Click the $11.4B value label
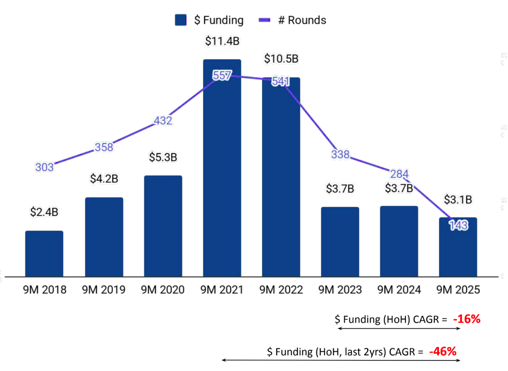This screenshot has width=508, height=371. [x=222, y=41]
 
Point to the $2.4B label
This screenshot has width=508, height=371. [x=44, y=212]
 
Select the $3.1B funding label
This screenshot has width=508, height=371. [x=458, y=200]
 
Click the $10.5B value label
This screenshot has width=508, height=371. [x=281, y=59]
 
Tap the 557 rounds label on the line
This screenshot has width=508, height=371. [x=222, y=76]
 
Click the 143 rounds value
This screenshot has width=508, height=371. [x=458, y=225]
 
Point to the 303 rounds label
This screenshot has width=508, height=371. [x=45, y=167]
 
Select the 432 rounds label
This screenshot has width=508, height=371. [x=163, y=121]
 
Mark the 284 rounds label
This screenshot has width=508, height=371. [x=399, y=174]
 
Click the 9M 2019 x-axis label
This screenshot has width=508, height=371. [x=103, y=290]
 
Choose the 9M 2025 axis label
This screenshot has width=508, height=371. [x=458, y=290]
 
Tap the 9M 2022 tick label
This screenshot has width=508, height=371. [x=281, y=290]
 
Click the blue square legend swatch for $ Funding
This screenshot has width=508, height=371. [x=181, y=20]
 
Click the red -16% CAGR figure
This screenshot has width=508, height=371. [x=466, y=319]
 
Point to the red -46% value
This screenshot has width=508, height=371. [x=442, y=352]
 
